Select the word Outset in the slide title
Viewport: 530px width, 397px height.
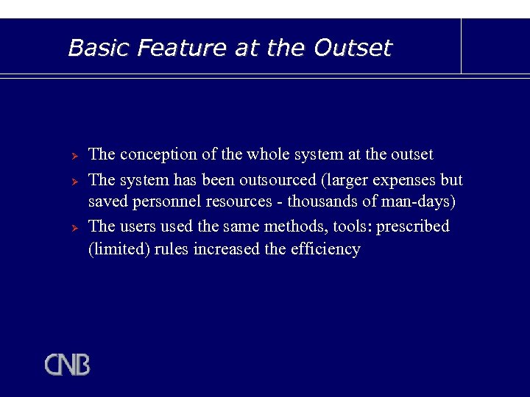click(x=353, y=48)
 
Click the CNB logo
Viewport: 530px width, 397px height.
click(x=67, y=365)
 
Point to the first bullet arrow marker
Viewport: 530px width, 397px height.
click(x=74, y=156)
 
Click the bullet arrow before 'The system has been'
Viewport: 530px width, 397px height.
click(x=74, y=181)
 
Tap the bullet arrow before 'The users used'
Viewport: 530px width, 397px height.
click(x=74, y=227)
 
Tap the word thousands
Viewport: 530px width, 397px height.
click(x=322, y=201)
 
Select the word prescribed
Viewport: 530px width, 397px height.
click(x=413, y=226)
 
